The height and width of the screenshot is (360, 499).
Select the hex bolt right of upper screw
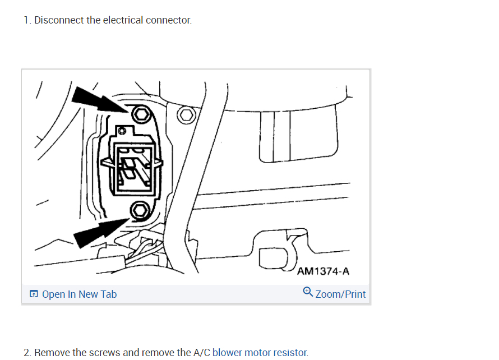click(186, 116)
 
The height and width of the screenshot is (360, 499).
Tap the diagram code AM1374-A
click(323, 271)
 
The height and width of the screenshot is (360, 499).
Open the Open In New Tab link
click(79, 294)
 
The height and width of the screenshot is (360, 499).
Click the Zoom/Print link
click(340, 294)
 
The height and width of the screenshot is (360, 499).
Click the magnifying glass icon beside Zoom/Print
click(308, 293)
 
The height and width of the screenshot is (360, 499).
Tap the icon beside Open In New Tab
click(34, 294)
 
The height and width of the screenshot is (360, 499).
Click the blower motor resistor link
click(260, 353)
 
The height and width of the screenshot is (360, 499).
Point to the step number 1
click(26, 20)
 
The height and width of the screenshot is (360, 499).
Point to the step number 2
click(27, 353)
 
